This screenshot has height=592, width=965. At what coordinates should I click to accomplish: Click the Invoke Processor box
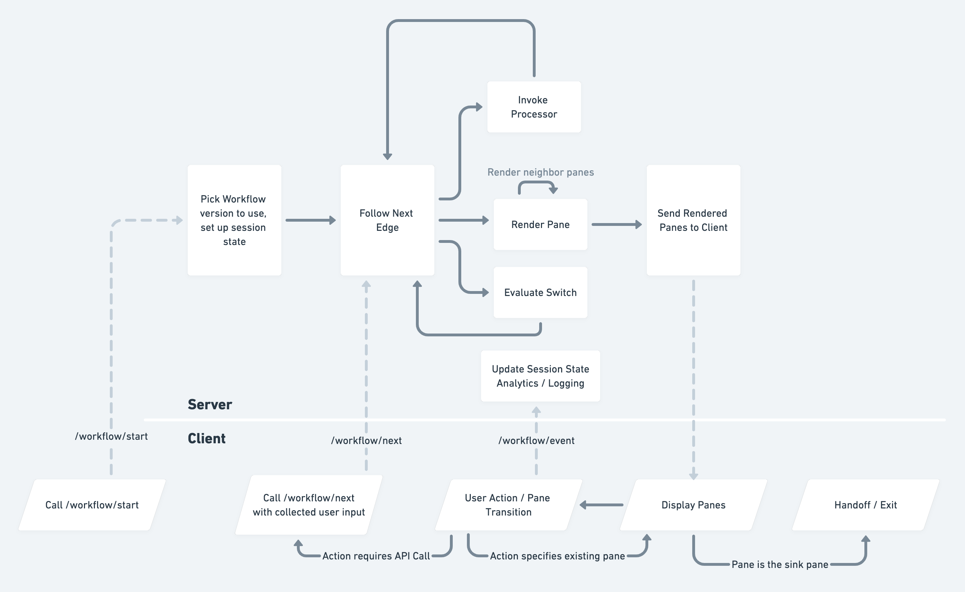point(534,107)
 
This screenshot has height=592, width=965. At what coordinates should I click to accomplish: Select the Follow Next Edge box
point(387,220)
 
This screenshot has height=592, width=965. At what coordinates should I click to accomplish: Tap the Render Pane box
point(540,224)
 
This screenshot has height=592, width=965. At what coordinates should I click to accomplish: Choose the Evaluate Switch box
point(540,292)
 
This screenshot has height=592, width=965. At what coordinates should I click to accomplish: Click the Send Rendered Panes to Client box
point(693,220)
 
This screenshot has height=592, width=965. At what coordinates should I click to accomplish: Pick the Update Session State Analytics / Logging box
point(540,376)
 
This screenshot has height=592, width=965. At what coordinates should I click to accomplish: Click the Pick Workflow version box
point(234,220)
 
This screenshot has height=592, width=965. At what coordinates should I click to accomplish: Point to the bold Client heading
point(207,439)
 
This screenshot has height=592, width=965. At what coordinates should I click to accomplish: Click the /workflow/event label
point(536,440)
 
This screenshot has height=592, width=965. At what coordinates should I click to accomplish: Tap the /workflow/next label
point(366,440)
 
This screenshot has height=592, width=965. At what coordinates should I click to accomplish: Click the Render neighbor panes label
point(540,172)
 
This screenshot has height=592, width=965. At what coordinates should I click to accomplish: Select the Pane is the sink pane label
point(779,564)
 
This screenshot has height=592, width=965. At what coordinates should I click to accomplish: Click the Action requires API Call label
point(376,556)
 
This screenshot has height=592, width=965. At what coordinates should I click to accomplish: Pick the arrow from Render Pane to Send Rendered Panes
point(616,224)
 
